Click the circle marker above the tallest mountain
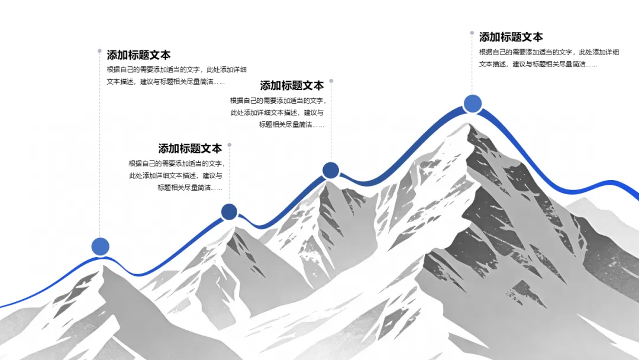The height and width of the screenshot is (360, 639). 472,104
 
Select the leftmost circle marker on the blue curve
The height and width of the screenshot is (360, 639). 101,246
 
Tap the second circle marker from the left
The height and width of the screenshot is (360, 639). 229,211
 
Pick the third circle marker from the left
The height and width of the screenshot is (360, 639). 331,171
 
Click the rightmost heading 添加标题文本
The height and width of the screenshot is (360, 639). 511,37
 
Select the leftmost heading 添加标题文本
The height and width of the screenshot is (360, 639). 138,55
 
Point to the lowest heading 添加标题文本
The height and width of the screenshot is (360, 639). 190,149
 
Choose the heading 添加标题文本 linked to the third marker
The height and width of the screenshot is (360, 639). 292,85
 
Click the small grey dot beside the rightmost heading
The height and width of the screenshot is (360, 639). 472,33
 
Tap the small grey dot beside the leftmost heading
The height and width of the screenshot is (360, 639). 99,51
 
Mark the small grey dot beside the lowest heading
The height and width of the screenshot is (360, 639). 229,144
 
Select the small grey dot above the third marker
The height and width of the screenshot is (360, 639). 331,81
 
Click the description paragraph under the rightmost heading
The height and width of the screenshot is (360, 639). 548,58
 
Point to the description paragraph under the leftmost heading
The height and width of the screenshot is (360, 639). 176,76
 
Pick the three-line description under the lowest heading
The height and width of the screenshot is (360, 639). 176,175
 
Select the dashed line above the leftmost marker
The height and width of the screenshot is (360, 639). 100,148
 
